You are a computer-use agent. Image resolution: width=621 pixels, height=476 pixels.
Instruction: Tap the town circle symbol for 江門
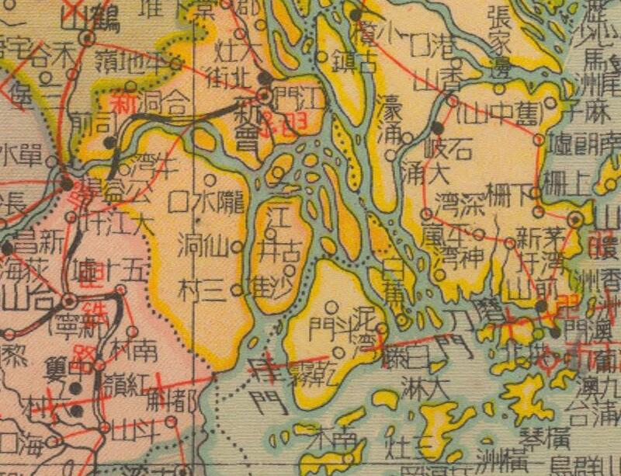[x=265, y=96]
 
